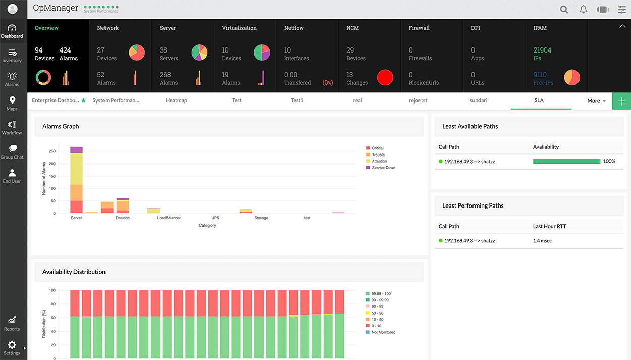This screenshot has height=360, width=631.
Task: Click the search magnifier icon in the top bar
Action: (564, 9)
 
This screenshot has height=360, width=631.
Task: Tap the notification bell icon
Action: (583, 9)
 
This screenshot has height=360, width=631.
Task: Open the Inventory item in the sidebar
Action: (12, 56)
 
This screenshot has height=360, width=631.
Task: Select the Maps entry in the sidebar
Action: (12, 104)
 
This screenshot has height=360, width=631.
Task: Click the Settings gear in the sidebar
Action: (12, 347)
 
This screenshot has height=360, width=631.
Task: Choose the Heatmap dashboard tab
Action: (176, 100)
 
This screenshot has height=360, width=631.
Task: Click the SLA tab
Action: (539, 100)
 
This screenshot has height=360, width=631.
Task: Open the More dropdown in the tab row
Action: (596, 101)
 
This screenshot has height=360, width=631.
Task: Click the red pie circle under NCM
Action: (385, 78)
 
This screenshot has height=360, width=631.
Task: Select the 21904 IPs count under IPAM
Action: (542, 50)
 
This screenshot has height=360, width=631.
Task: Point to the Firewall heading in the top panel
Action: (418, 28)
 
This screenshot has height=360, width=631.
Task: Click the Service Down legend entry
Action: (383, 168)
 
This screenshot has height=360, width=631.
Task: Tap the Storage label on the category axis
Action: (261, 218)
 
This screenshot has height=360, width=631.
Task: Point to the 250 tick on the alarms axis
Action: (52, 151)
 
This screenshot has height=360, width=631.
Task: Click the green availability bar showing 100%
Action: (566, 162)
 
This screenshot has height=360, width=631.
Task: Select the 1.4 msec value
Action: (542, 241)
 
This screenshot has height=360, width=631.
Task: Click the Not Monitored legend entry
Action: (383, 332)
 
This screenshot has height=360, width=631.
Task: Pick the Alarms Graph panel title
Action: (61, 126)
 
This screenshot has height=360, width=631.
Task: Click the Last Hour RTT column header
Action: (549, 226)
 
